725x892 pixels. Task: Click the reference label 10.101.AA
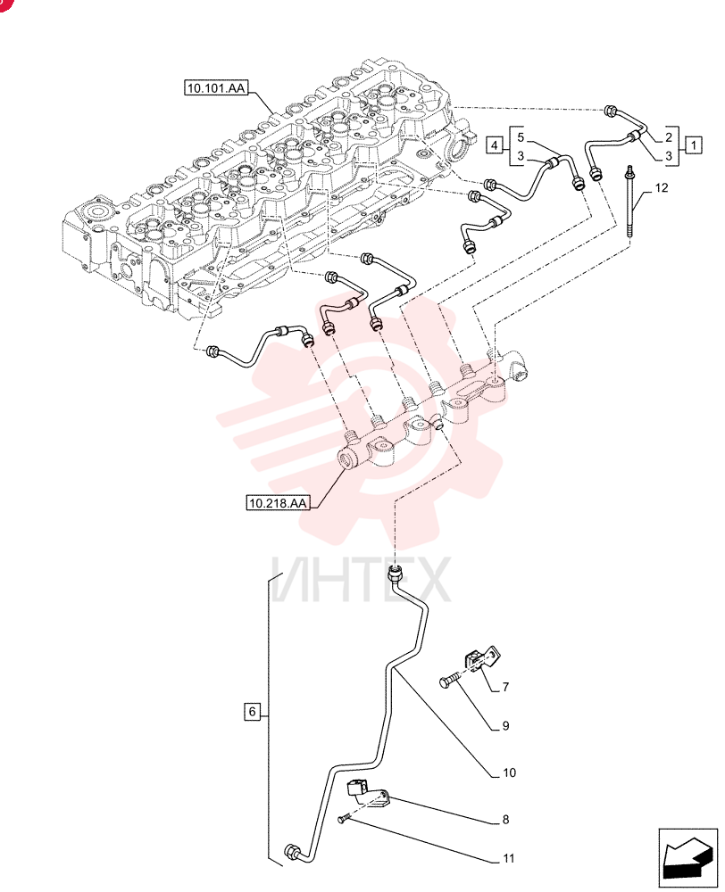(x=216, y=88)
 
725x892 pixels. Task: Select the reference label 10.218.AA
(x=278, y=503)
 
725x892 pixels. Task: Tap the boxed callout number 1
(x=693, y=145)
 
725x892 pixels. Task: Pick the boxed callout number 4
(x=495, y=145)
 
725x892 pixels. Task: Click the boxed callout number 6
(x=253, y=712)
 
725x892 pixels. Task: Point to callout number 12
(x=661, y=187)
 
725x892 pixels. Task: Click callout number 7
(x=505, y=687)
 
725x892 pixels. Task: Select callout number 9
(x=505, y=726)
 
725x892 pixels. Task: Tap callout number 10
(x=509, y=772)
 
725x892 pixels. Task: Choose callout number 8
(x=505, y=820)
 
